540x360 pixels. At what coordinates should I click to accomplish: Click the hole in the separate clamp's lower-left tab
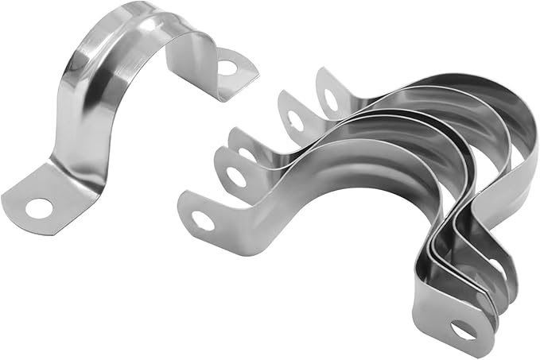point(38,208)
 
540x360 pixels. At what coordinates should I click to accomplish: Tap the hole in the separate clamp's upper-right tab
point(228,68)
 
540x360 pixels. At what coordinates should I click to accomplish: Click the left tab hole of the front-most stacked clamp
point(204,220)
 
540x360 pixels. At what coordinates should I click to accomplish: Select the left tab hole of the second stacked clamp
point(236,176)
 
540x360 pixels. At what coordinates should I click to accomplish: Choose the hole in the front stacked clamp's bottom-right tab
point(464,329)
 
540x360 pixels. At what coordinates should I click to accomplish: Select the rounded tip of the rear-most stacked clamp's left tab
point(321,75)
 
